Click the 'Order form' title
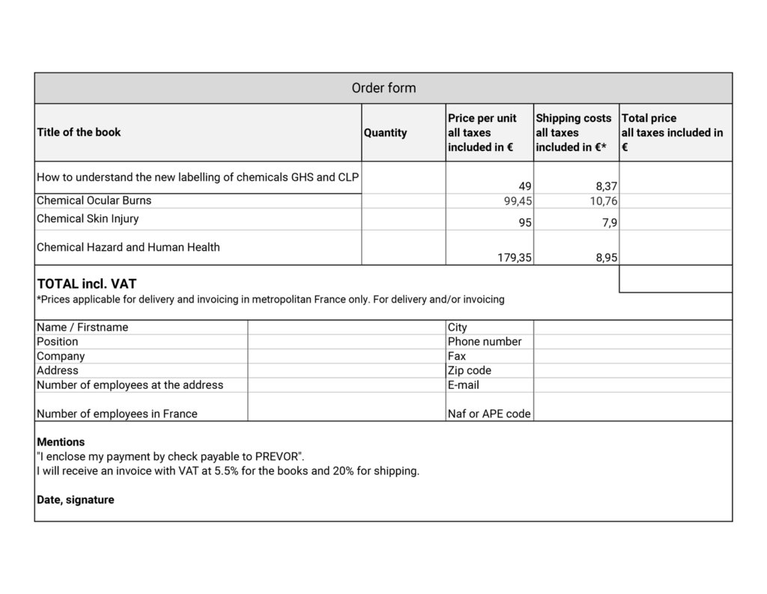[383, 88]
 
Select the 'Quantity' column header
[385, 132]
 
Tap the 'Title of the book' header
[79, 132]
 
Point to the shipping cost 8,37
[605, 186]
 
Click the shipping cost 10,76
[604, 201]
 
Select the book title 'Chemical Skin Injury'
[88, 218]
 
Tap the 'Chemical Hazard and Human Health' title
[128, 247]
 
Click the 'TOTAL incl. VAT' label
[87, 284]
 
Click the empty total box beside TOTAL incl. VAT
[676, 279]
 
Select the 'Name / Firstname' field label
[82, 327]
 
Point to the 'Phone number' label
[485, 341]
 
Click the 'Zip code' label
[470, 370]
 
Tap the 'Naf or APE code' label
[489, 414]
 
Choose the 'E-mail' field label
[464, 385]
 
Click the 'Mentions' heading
[61, 442]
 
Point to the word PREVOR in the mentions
[279, 456]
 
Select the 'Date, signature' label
[76, 500]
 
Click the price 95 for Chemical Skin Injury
[524, 223]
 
